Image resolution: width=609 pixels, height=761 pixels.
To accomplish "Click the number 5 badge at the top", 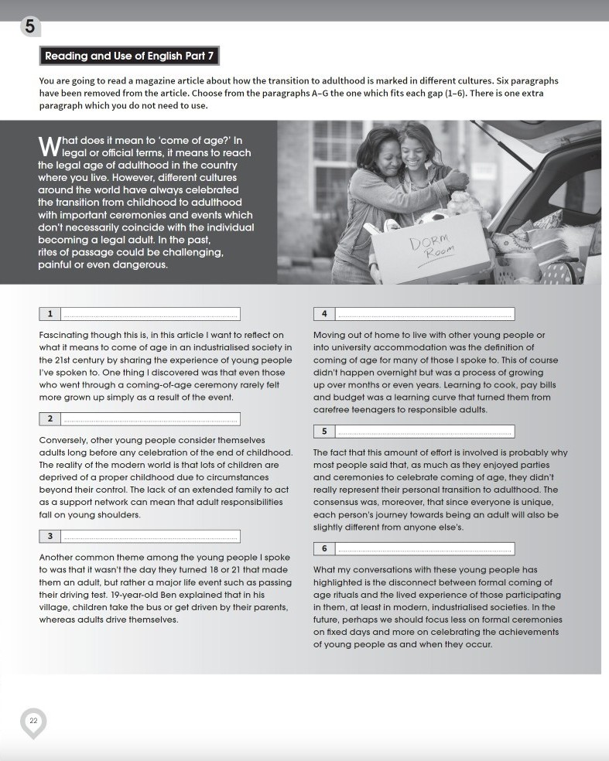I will pos(29,26).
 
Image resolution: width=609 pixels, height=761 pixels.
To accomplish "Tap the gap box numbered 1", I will pos(139,314).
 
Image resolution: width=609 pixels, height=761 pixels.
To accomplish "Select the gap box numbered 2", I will pos(139,419).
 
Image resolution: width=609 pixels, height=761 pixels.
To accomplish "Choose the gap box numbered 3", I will pos(139,536).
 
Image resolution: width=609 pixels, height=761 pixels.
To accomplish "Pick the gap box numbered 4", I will pos(413,314).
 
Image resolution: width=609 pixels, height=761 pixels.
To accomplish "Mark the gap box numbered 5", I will pos(413,431).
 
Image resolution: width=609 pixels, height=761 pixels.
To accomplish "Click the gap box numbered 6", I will pos(413,548).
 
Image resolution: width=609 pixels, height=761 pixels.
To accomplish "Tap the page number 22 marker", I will pos(33,721).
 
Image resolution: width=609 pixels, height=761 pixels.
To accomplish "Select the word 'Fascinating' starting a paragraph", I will pos(63,335).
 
